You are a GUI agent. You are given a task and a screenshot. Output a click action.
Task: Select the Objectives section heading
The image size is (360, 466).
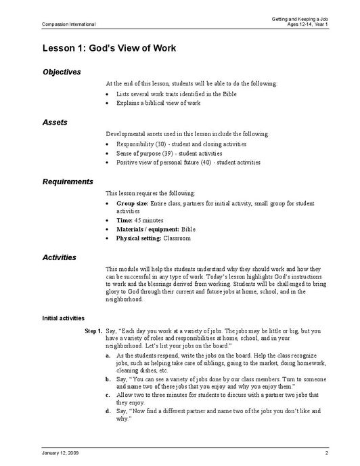pos(62,72)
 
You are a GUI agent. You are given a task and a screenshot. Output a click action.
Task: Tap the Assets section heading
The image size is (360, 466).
pos(54,122)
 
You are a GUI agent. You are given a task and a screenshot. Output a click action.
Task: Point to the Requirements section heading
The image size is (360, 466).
pos(68,182)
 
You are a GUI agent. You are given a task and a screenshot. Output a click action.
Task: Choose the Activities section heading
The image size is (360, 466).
pos(60,257)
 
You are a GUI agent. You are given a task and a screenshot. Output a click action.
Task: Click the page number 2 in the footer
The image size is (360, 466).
pos(326,452)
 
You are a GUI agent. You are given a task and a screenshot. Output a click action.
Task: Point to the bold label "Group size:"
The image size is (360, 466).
pos(131,203)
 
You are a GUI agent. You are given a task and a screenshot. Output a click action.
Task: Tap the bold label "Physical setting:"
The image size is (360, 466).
pos(139,238)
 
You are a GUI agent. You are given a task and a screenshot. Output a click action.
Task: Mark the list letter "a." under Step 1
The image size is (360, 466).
pos(109,355)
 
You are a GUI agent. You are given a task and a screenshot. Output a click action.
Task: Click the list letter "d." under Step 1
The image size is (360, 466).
pos(109,411)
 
